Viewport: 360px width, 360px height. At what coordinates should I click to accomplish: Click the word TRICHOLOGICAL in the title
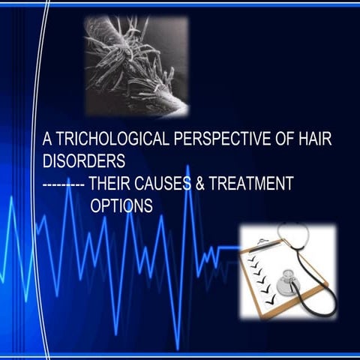(105, 139)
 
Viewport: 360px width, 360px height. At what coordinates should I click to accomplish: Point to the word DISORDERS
(83, 161)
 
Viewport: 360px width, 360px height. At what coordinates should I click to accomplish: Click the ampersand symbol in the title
(200, 184)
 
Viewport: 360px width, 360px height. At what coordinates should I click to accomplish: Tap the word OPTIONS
(121, 205)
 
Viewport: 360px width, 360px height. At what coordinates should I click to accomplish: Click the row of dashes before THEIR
(64, 184)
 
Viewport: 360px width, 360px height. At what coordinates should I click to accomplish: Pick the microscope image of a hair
(136, 66)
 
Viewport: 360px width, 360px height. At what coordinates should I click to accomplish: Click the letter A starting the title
(46, 139)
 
